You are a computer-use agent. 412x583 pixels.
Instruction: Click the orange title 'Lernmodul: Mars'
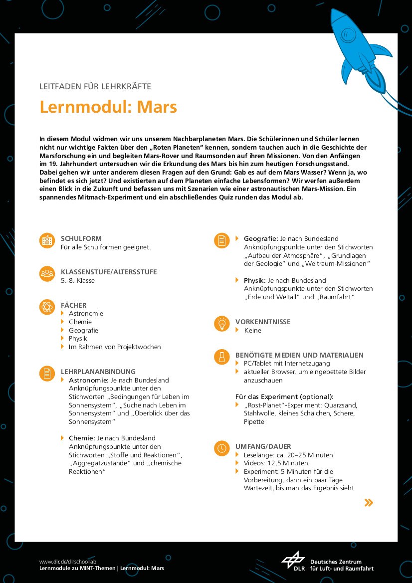pos(108,107)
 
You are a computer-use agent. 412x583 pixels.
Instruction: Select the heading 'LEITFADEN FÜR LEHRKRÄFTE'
pos(95,87)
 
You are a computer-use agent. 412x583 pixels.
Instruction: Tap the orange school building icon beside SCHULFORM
pos(47,241)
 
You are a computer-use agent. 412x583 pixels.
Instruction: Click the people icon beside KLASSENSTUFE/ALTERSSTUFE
pos(47,274)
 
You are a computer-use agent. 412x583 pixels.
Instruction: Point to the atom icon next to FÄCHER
pos(47,307)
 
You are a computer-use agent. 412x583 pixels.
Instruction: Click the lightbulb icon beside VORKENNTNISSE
pos(221,324)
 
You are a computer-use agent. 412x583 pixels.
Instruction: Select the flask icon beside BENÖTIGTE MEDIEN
pos(221,357)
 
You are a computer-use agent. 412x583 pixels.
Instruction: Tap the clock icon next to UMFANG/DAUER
pos(221,448)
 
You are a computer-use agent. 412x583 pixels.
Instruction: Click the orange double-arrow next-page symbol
pos(369,502)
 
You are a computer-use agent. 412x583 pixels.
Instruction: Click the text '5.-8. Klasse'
pos(78,280)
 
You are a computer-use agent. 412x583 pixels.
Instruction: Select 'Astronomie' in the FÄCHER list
pos(86,314)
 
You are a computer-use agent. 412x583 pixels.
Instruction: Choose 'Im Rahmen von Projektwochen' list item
pos(115,347)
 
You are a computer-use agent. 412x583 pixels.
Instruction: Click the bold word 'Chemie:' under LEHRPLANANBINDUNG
pos(82,438)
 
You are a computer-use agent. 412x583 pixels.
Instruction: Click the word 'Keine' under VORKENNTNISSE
pos(252,330)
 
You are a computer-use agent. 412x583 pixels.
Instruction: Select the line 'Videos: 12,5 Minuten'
pos(276,463)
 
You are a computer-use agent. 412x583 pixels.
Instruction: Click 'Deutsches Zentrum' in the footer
pos(336,562)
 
